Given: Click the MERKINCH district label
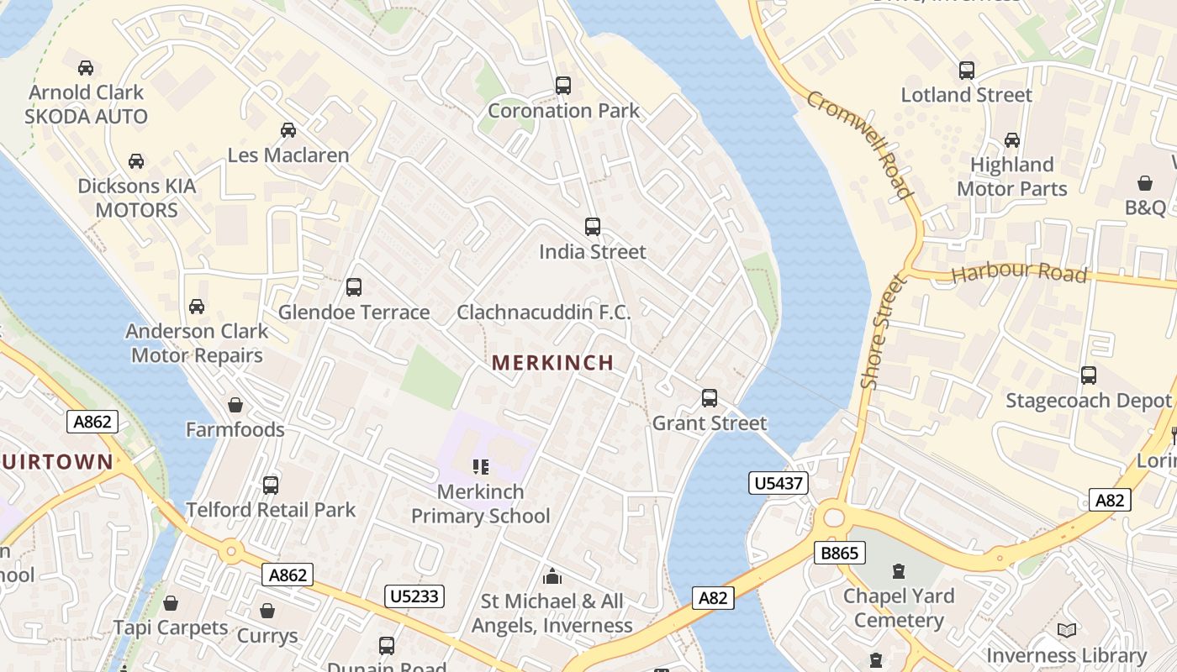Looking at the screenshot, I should click(x=552, y=363).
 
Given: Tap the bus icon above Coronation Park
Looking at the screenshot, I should click(x=563, y=86).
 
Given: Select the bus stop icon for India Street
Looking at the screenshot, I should click(x=593, y=227).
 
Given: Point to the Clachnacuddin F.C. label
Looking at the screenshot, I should click(x=543, y=312).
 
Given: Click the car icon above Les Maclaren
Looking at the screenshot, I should click(x=288, y=130).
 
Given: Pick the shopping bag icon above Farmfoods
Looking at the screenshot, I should click(x=235, y=405).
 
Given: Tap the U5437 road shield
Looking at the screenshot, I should click(x=778, y=483).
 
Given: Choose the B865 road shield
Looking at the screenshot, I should click(x=840, y=553).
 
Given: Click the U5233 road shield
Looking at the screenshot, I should click(x=414, y=596).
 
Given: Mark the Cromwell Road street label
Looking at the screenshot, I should click(x=860, y=144).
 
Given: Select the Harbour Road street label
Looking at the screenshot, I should click(x=1019, y=274).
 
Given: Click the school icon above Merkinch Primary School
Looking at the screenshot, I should click(x=481, y=467).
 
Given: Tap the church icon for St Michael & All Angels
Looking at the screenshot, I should click(x=552, y=576).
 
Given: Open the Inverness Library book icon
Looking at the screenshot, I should click(x=1067, y=630).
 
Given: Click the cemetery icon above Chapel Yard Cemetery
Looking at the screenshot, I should click(x=899, y=571).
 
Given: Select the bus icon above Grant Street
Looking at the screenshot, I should click(x=710, y=398).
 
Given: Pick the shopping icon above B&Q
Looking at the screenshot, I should click(x=1145, y=182).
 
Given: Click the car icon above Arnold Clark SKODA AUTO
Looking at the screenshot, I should click(x=86, y=68).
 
